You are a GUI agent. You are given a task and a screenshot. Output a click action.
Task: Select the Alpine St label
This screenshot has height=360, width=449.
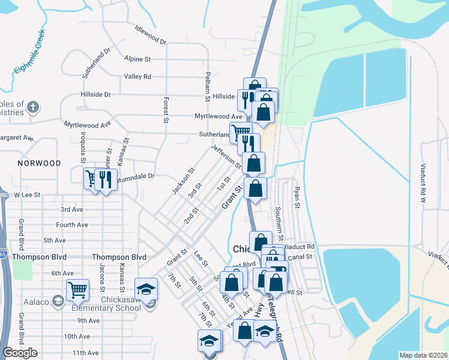click(137, 59)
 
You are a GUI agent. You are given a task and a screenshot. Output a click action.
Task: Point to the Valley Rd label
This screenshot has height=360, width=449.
click(137, 77)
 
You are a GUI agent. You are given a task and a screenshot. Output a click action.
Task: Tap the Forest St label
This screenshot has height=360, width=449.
click(165, 110)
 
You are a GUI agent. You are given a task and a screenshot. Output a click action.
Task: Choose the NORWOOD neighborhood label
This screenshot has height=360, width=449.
click(40, 163)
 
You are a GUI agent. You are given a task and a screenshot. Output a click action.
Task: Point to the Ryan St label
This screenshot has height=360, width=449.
click(296, 197)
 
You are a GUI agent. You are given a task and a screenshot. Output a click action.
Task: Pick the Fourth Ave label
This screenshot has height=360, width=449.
click(72, 225)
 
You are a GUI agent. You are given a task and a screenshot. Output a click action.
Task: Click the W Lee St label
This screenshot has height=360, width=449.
click(26, 195)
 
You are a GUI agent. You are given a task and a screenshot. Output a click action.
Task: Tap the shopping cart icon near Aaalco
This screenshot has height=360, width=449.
click(78, 290)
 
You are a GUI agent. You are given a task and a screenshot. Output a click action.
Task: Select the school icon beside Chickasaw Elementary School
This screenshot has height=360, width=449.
click(145, 289)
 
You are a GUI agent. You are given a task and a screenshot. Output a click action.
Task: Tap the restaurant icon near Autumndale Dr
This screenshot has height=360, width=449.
click(106, 179)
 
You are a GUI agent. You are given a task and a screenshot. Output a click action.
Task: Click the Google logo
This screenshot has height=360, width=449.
click(19, 353)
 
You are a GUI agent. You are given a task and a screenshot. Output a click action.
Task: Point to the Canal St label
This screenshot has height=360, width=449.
click(301, 256)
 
